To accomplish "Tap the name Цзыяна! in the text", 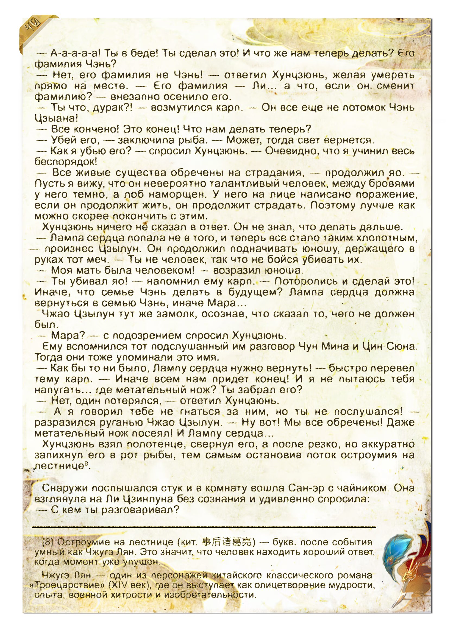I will [56, 118].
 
